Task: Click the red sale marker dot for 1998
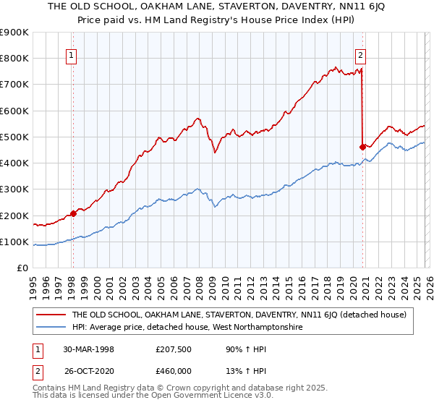click(73, 213)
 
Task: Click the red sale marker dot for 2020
click(362, 146)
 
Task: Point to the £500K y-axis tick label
click(14, 137)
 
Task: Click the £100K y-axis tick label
click(14, 242)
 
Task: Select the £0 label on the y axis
click(22, 268)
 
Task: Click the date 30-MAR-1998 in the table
click(88, 349)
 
